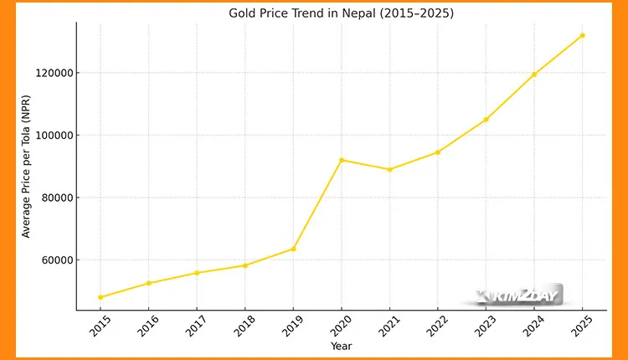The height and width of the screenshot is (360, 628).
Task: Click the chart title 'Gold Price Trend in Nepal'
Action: [342, 13]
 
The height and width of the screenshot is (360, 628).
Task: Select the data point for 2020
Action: [342, 160]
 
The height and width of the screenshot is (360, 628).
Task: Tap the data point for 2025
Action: [583, 35]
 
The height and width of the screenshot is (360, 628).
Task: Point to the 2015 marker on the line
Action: [100, 297]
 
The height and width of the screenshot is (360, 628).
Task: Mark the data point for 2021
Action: [389, 169]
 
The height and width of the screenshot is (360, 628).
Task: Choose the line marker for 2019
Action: [293, 249]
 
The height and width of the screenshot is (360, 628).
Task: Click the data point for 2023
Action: [486, 120]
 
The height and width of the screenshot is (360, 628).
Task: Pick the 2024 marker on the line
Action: [534, 75]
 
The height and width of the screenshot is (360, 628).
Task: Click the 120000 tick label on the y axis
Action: [51, 73]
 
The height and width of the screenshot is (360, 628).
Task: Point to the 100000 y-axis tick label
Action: [51, 135]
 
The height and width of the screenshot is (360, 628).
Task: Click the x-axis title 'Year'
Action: [341, 346]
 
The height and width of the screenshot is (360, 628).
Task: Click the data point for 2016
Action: [149, 283]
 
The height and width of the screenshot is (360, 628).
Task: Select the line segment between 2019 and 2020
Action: [317, 204]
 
